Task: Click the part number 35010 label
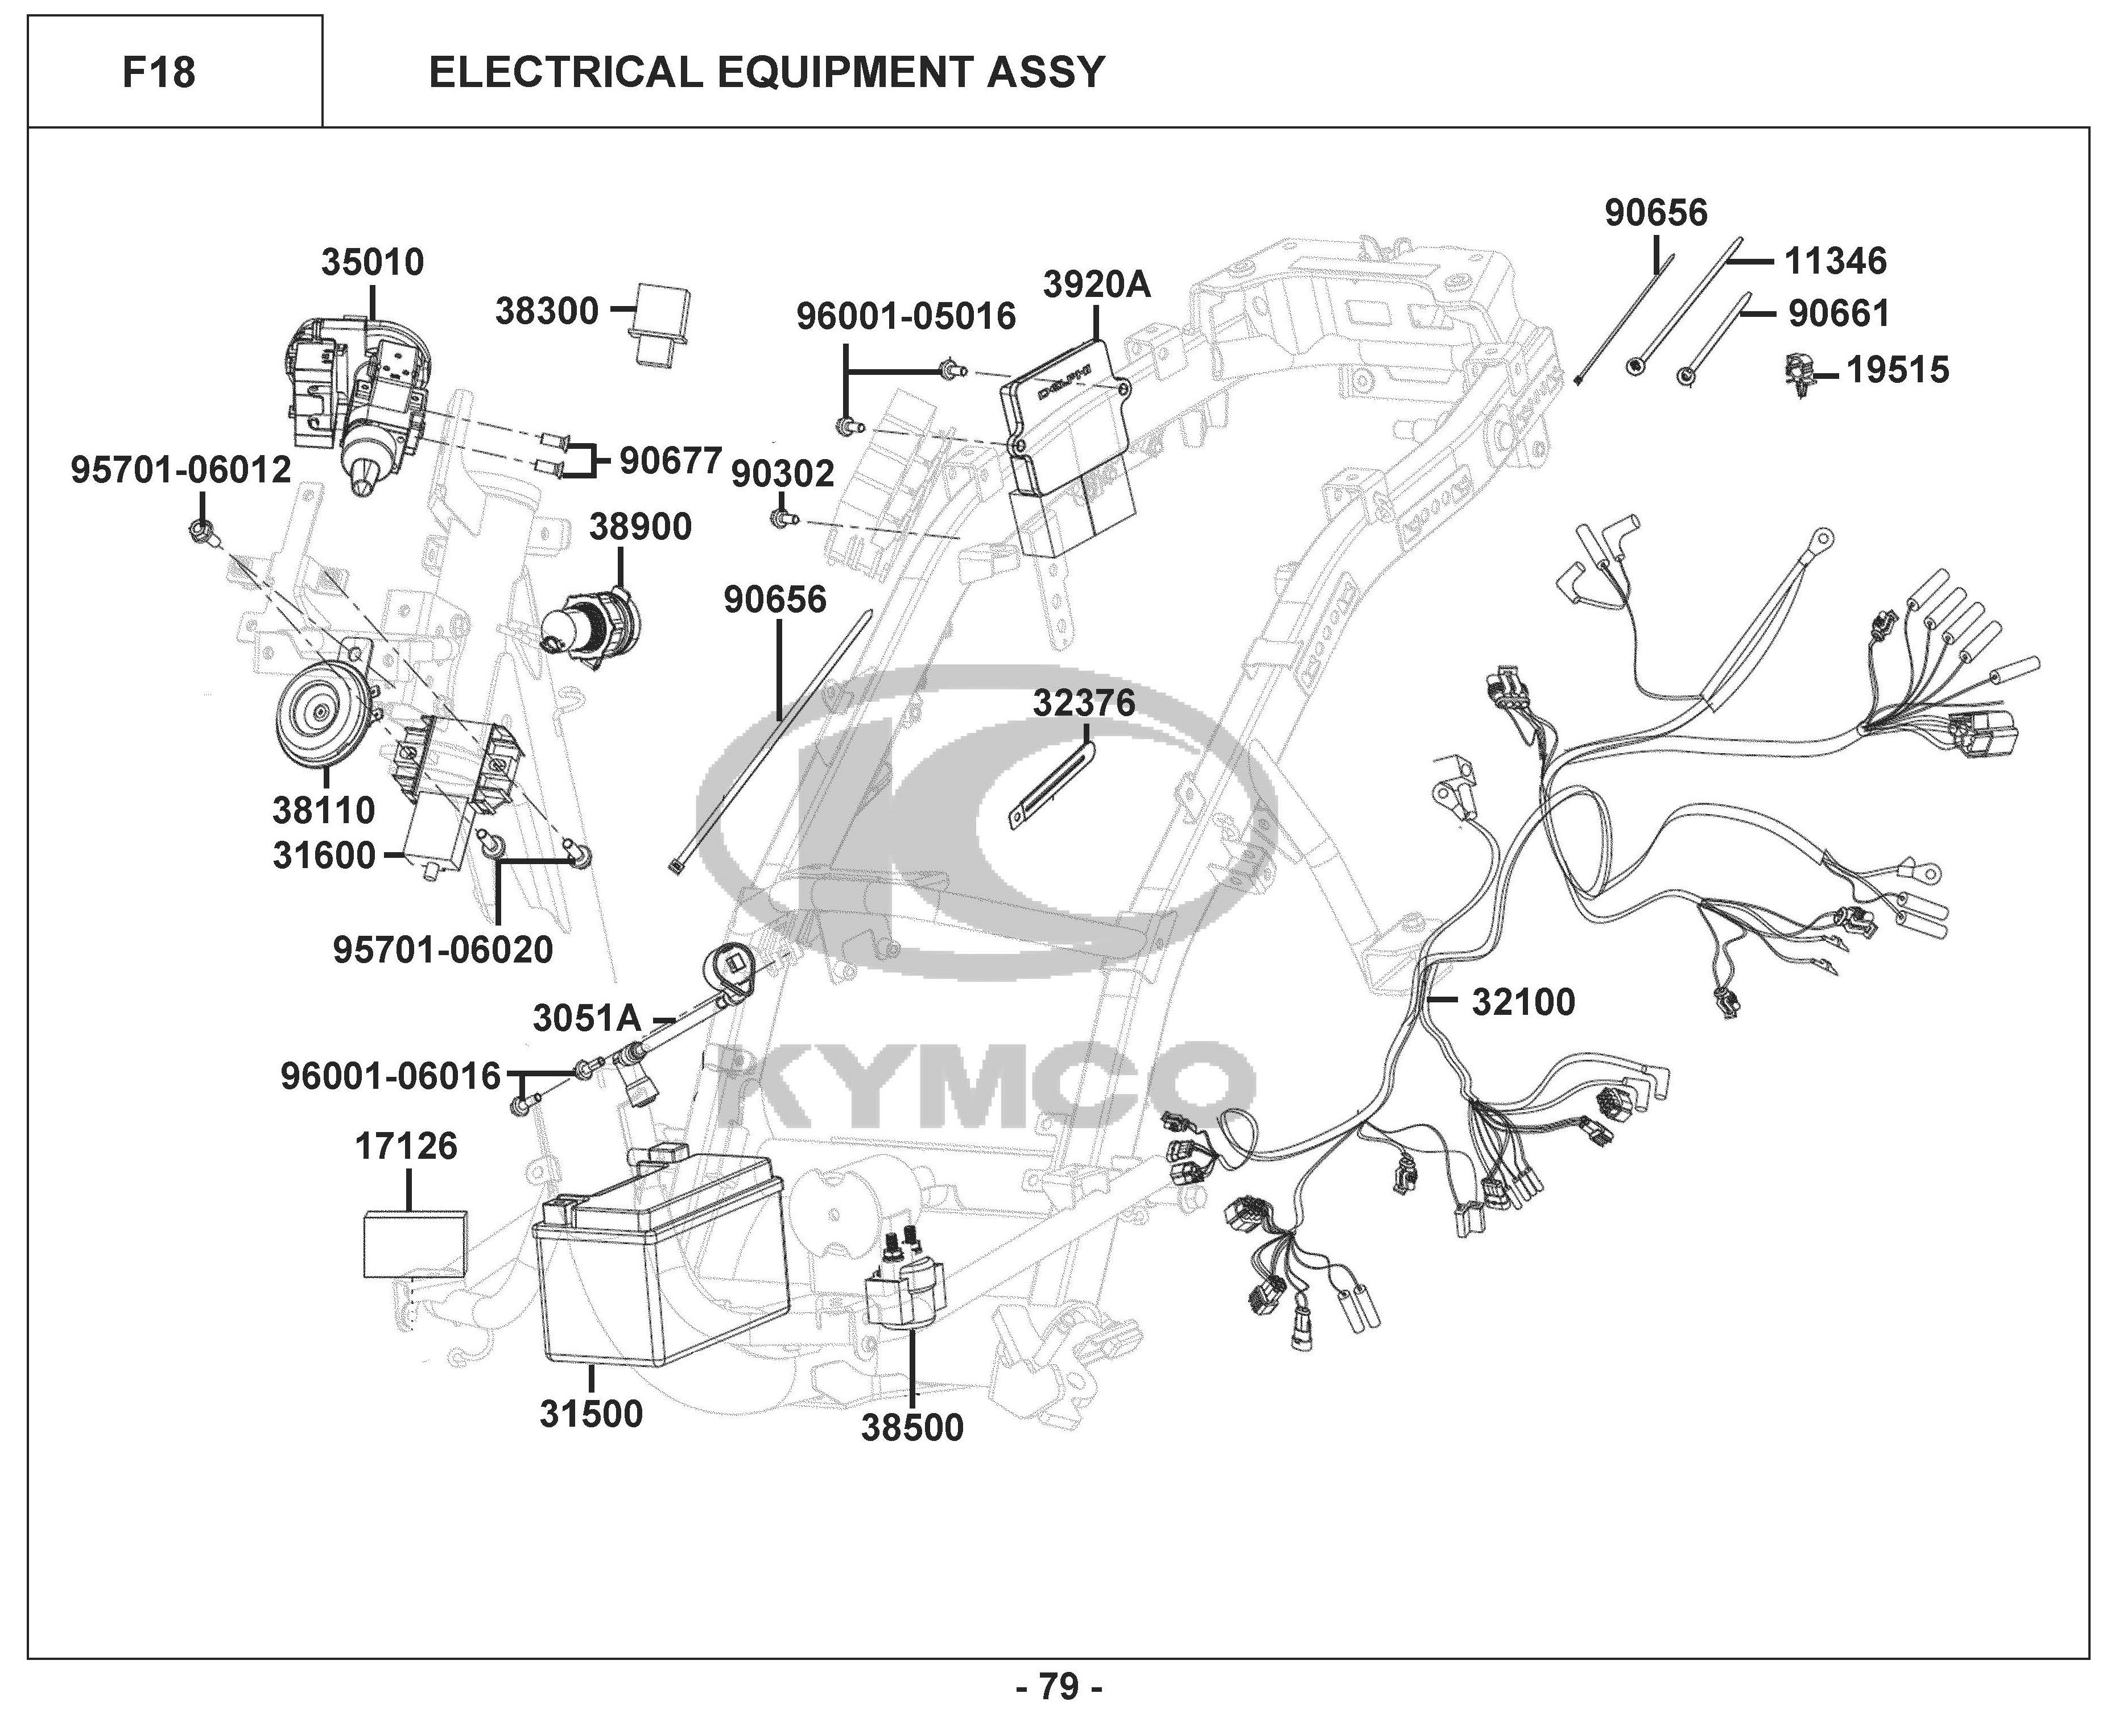point(372,263)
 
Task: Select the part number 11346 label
point(1835,262)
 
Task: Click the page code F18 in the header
point(159,73)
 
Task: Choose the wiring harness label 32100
point(1523,1002)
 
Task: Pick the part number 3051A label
point(587,1018)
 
